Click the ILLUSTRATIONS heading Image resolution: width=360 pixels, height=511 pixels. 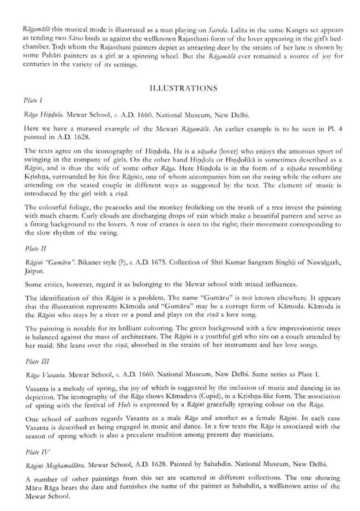pyautogui.click(x=184, y=88)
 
